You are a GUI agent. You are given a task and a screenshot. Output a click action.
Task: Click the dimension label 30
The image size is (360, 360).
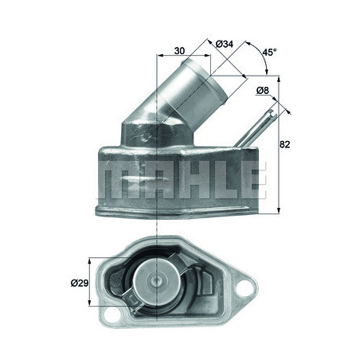click(x=179, y=51)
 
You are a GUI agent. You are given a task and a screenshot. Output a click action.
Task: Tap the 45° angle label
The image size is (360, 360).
click(x=270, y=52)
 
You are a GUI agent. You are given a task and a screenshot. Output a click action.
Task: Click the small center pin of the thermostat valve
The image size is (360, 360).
click(x=155, y=280)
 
